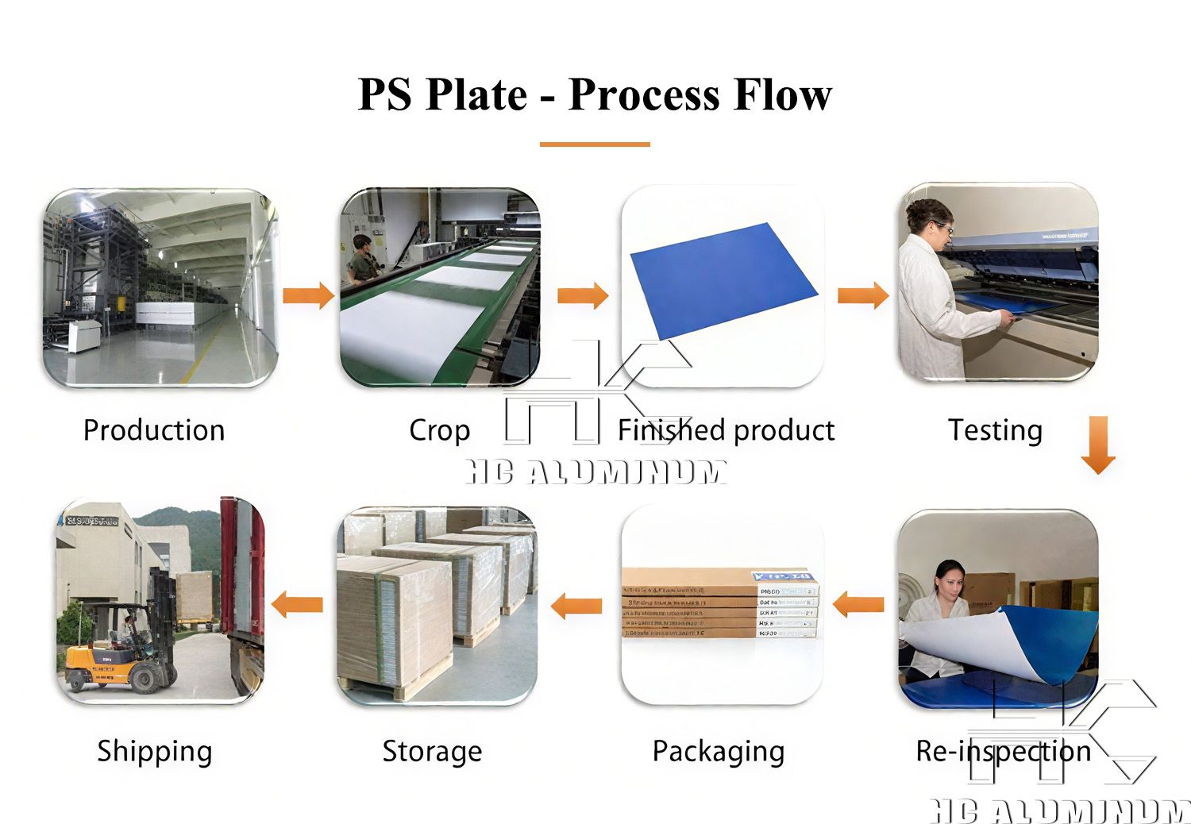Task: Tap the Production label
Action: pyautogui.click(x=154, y=430)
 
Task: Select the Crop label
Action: pyautogui.click(x=439, y=430)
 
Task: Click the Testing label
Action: pyautogui.click(x=995, y=430)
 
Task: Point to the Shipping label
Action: pyautogui.click(x=155, y=751)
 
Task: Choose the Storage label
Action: pyautogui.click(x=432, y=751)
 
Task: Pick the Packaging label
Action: pyautogui.click(x=719, y=751)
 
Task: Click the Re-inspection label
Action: pyautogui.click(x=1004, y=751)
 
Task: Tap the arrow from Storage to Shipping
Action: pyautogui.click(x=297, y=605)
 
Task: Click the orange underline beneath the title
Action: pyautogui.click(x=595, y=144)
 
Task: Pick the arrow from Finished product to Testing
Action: pyautogui.click(x=863, y=295)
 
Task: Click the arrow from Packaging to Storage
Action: pyautogui.click(x=576, y=606)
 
